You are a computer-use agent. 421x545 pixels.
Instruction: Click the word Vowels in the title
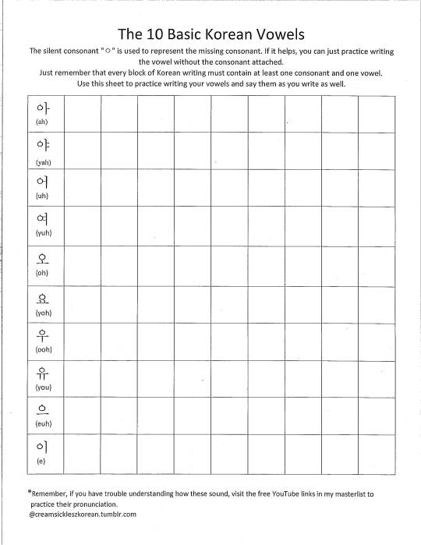[274, 35]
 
